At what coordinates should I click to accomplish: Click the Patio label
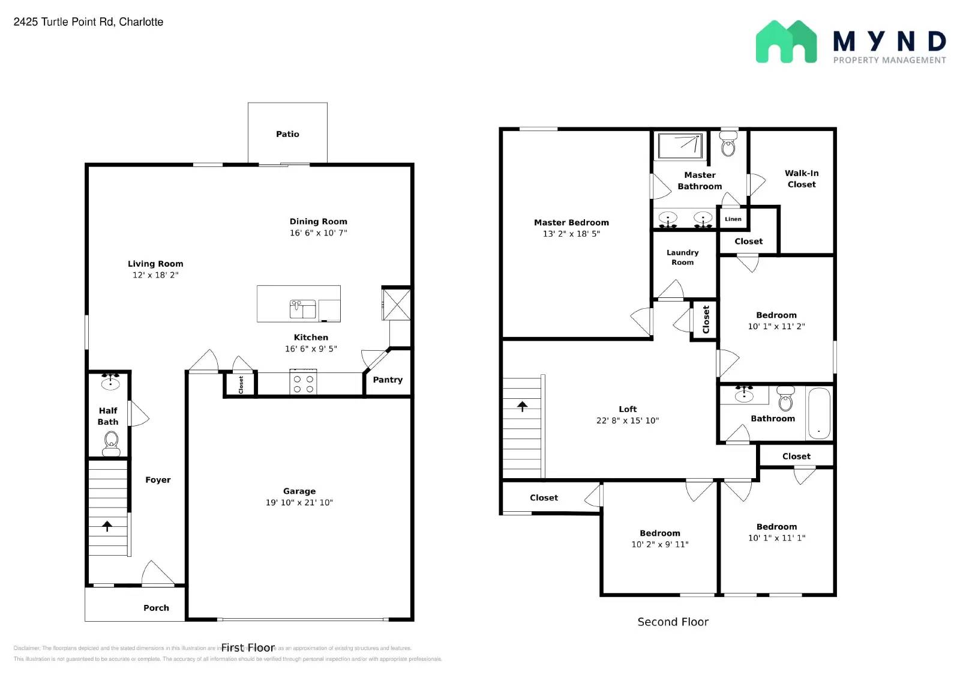(287, 134)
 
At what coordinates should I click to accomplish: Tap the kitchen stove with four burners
(303, 384)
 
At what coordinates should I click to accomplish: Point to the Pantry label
(388, 380)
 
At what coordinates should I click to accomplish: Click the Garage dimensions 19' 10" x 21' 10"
(299, 502)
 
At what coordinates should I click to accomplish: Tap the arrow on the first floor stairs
(107, 526)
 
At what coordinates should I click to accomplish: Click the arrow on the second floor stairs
(523, 407)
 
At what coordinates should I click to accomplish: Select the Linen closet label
(733, 219)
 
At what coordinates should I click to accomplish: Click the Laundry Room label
(682, 257)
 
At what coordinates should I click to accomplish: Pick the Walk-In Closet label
(802, 178)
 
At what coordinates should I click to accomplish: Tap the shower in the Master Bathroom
(680, 145)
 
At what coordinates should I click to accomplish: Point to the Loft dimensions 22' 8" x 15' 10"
(627, 420)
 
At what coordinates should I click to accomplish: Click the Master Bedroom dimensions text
(571, 234)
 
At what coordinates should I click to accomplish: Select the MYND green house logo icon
(786, 41)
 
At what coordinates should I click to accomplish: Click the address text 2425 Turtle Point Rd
(88, 22)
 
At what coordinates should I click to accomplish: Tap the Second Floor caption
(673, 622)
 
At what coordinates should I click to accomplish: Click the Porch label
(156, 608)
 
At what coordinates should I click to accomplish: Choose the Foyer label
(158, 479)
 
